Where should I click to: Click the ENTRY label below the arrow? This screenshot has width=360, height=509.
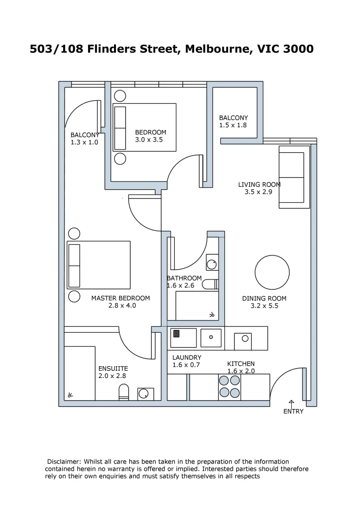coord(293,411)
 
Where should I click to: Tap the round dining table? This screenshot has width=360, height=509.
coord(272,273)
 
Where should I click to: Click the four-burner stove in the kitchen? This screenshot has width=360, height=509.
coord(229,386)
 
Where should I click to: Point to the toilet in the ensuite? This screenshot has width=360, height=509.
coord(123,392)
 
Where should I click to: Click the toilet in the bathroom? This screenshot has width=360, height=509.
coord(210,284)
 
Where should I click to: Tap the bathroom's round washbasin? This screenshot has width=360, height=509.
coord(212,264)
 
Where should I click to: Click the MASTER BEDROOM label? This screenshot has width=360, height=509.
coord(121,298)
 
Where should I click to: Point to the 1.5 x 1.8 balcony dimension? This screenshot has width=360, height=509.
coord(233,125)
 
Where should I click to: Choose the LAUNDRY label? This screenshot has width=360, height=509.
coord(187,358)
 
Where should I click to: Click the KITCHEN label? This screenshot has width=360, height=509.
coord(241,364)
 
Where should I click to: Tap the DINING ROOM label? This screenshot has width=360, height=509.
coord(264,298)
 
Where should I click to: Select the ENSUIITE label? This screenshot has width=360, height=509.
coord(113,369)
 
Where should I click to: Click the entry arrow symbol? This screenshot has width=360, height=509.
coord(291,403)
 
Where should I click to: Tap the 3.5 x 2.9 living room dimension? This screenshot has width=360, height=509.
coord(258,192)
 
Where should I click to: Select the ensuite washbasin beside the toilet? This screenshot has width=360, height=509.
coord(145,394)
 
